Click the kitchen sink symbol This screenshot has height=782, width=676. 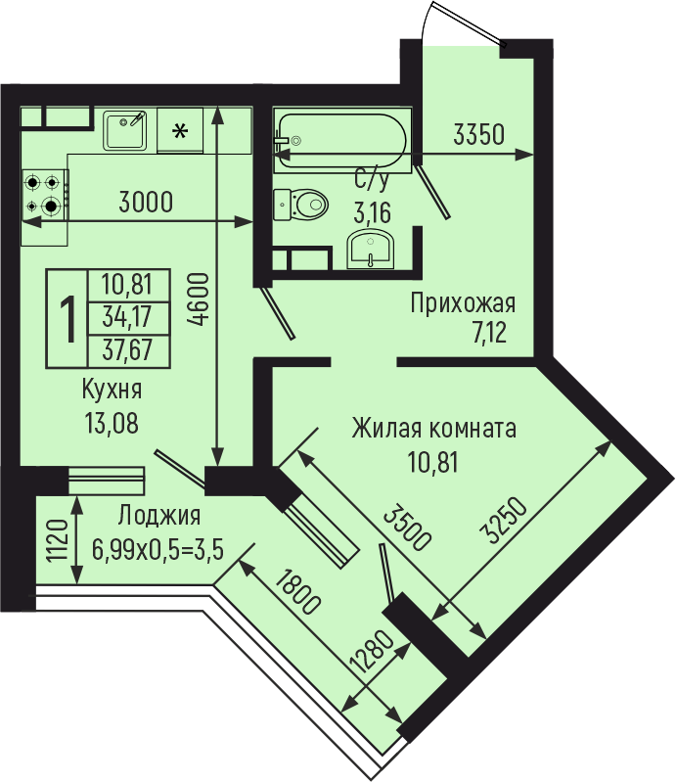pos(124,131)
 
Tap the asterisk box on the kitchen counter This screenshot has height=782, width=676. pos(180,131)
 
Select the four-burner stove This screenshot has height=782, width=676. pos(45,195)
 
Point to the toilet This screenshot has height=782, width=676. pos(300,204)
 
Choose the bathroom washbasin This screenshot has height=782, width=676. pos(371,249)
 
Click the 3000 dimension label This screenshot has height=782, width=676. pos(146,202)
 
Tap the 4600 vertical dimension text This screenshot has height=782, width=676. pos(198,299)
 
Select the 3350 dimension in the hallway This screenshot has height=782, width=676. pos(478,134)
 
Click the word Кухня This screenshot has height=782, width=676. pos(112,389)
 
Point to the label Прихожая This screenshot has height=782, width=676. pos(463,303)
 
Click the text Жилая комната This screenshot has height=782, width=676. pos(433,429)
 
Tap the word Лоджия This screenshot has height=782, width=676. pos(159,516)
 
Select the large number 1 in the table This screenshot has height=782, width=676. pos(68,319)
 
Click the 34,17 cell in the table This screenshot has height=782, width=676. pos(127,317)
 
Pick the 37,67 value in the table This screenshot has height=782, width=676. pos(127,349)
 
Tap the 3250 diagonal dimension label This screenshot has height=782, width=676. pos(506,520)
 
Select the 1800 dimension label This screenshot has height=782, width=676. pos(297,592)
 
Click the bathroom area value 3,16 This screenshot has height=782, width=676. pos(372,213)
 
